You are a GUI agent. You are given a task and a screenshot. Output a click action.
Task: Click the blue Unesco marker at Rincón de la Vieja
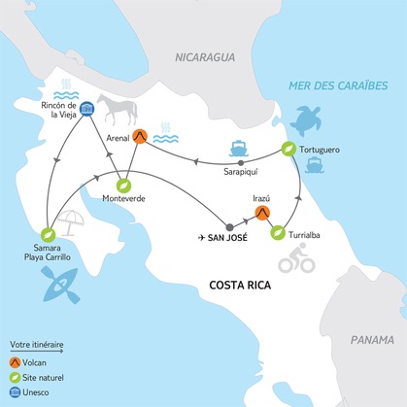coord(86,109)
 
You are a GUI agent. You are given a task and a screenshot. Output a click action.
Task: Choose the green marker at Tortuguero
coord(288,149)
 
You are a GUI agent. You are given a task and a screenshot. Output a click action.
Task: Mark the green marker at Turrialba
coord(279,233)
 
